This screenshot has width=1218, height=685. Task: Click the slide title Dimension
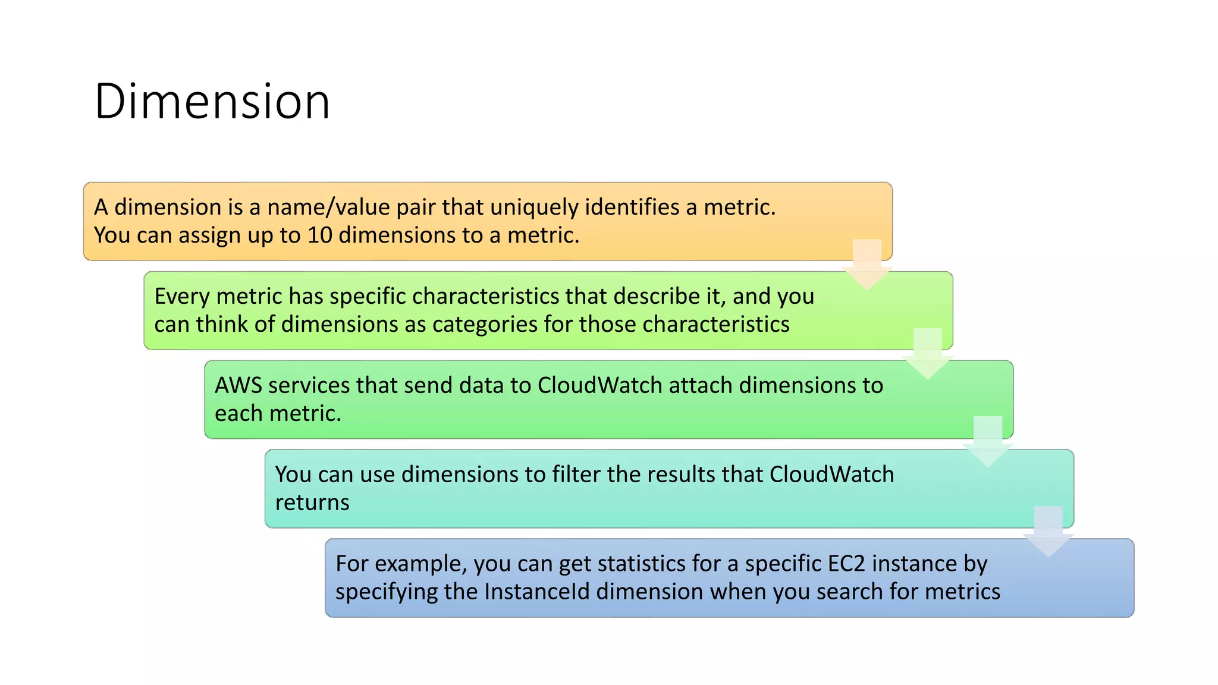212,102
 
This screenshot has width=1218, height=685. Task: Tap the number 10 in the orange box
319,235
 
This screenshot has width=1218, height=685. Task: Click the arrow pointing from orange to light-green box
867,265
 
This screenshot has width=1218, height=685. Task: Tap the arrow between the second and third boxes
927,354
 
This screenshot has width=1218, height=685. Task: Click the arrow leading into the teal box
988,442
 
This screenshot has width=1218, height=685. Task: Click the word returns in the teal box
312,503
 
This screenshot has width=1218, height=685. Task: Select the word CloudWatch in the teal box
831,475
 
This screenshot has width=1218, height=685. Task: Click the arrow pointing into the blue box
1048,532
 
